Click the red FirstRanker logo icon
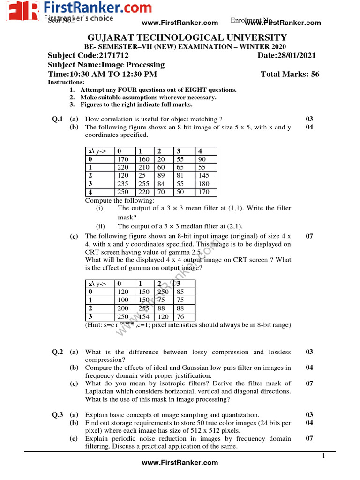pos(21,11)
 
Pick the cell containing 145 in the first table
pos(205,175)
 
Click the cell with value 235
pos(123,184)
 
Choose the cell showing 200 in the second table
pos(123,308)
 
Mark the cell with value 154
pos(143,317)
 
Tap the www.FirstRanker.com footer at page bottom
pos(180,463)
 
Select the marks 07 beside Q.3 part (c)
pos(309,439)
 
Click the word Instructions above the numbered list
pos(66,82)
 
